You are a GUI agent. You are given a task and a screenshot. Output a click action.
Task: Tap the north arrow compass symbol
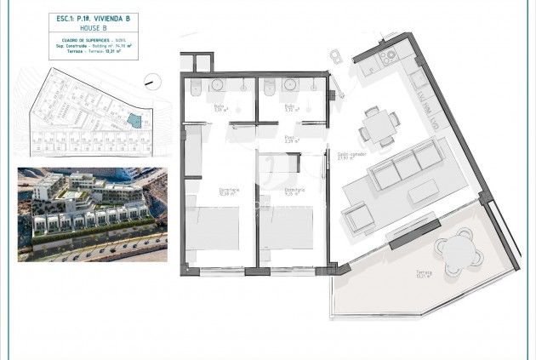152,82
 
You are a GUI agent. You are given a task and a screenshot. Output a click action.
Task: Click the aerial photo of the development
92,212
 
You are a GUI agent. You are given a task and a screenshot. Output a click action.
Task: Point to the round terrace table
458,249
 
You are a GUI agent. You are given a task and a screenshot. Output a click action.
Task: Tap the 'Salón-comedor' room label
345,154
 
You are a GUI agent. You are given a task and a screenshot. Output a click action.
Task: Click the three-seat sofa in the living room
407,168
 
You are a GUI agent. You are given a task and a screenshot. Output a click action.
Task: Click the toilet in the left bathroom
197,89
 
